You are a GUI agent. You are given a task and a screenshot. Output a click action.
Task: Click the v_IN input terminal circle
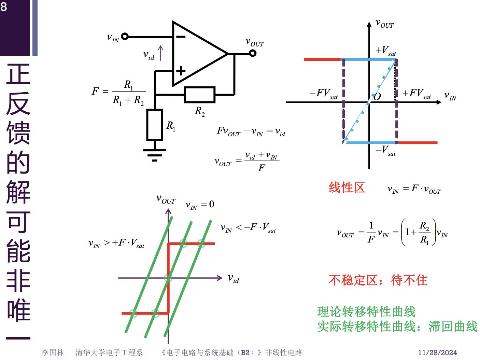pos(125,36)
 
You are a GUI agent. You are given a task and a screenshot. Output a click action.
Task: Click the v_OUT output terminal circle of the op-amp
pos(253,53)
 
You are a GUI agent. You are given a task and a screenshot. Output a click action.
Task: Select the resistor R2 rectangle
pos(200,95)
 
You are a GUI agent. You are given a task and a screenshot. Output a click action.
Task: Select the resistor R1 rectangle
pos(155,125)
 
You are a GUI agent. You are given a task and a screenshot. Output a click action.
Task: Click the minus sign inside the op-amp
pos(181,37)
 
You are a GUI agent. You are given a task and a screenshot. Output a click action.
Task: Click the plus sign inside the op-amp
pos(181,71)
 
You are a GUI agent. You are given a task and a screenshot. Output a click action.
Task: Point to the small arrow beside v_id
pos(160,53)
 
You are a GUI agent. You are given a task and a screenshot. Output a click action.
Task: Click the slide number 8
pos(4,6)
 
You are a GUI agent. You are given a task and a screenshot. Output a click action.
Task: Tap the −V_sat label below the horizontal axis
pos(386,150)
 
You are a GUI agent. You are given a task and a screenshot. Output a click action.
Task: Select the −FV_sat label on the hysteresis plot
pos(323,94)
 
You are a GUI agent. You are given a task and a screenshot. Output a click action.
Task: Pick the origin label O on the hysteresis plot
pos(377,97)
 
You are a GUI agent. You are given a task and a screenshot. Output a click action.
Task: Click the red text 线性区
pos(347,188)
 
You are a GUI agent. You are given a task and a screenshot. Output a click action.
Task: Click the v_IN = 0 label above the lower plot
pos(200,205)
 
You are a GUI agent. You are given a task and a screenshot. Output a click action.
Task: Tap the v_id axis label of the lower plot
pos(234,279)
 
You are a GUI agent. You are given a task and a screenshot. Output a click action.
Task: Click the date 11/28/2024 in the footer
pos(437,352)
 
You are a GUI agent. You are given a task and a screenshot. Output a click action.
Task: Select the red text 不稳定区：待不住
pos(378,280)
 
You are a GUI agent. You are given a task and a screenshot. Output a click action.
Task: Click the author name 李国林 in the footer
pos(53,352)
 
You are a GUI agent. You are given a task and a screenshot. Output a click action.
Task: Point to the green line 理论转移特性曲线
pos(366,311)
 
